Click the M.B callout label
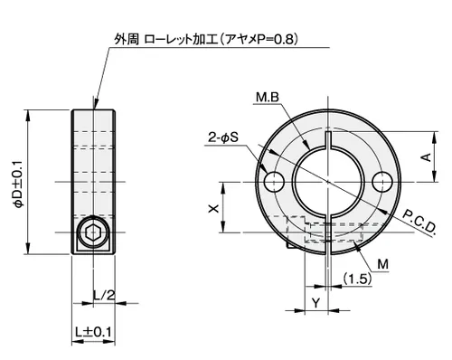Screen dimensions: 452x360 [x=268, y=98]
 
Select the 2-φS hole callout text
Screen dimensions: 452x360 [x=223, y=137]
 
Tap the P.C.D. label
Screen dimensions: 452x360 [x=419, y=223]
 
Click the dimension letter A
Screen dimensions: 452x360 [x=426, y=156]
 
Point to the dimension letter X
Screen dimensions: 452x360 [x=213, y=208]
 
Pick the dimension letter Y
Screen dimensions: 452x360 [x=315, y=303]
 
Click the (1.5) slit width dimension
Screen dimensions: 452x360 [x=357, y=279]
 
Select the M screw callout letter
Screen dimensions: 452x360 [x=382, y=264]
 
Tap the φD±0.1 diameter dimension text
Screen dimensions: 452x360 [x=19, y=184]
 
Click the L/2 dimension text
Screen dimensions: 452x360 [x=104, y=295]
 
